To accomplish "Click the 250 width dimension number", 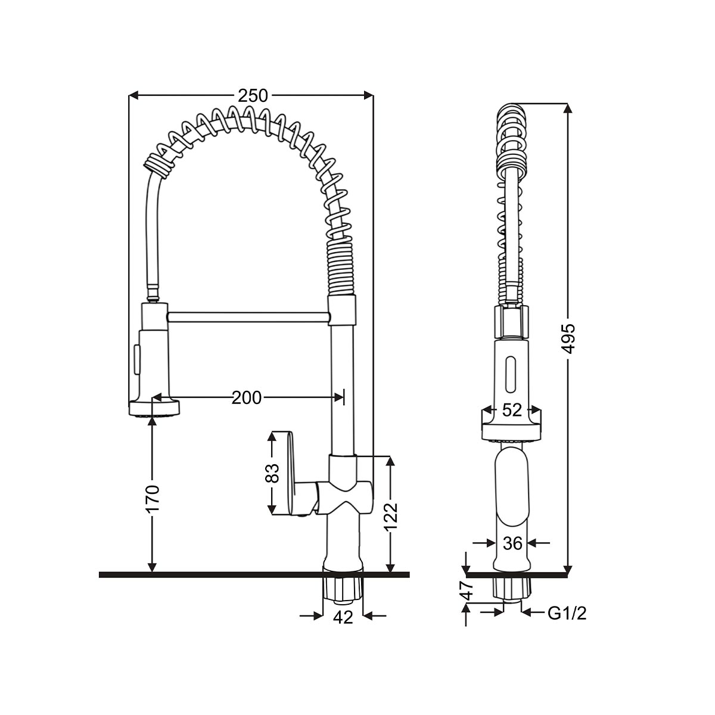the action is click(x=253, y=96).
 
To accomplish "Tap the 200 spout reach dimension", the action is click(x=247, y=398).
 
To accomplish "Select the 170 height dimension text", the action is click(x=153, y=498).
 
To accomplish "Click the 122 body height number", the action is click(x=391, y=518).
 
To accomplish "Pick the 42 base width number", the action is click(x=343, y=617).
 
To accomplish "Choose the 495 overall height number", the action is click(x=568, y=338).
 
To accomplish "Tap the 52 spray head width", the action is click(x=512, y=410).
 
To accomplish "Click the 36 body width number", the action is click(x=513, y=543).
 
